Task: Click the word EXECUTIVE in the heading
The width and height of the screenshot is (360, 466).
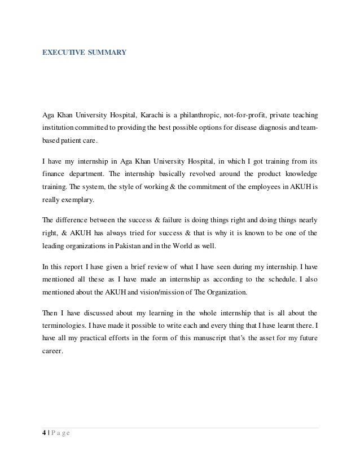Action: (64, 53)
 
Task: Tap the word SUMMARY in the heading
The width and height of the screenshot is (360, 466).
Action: (107, 53)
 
